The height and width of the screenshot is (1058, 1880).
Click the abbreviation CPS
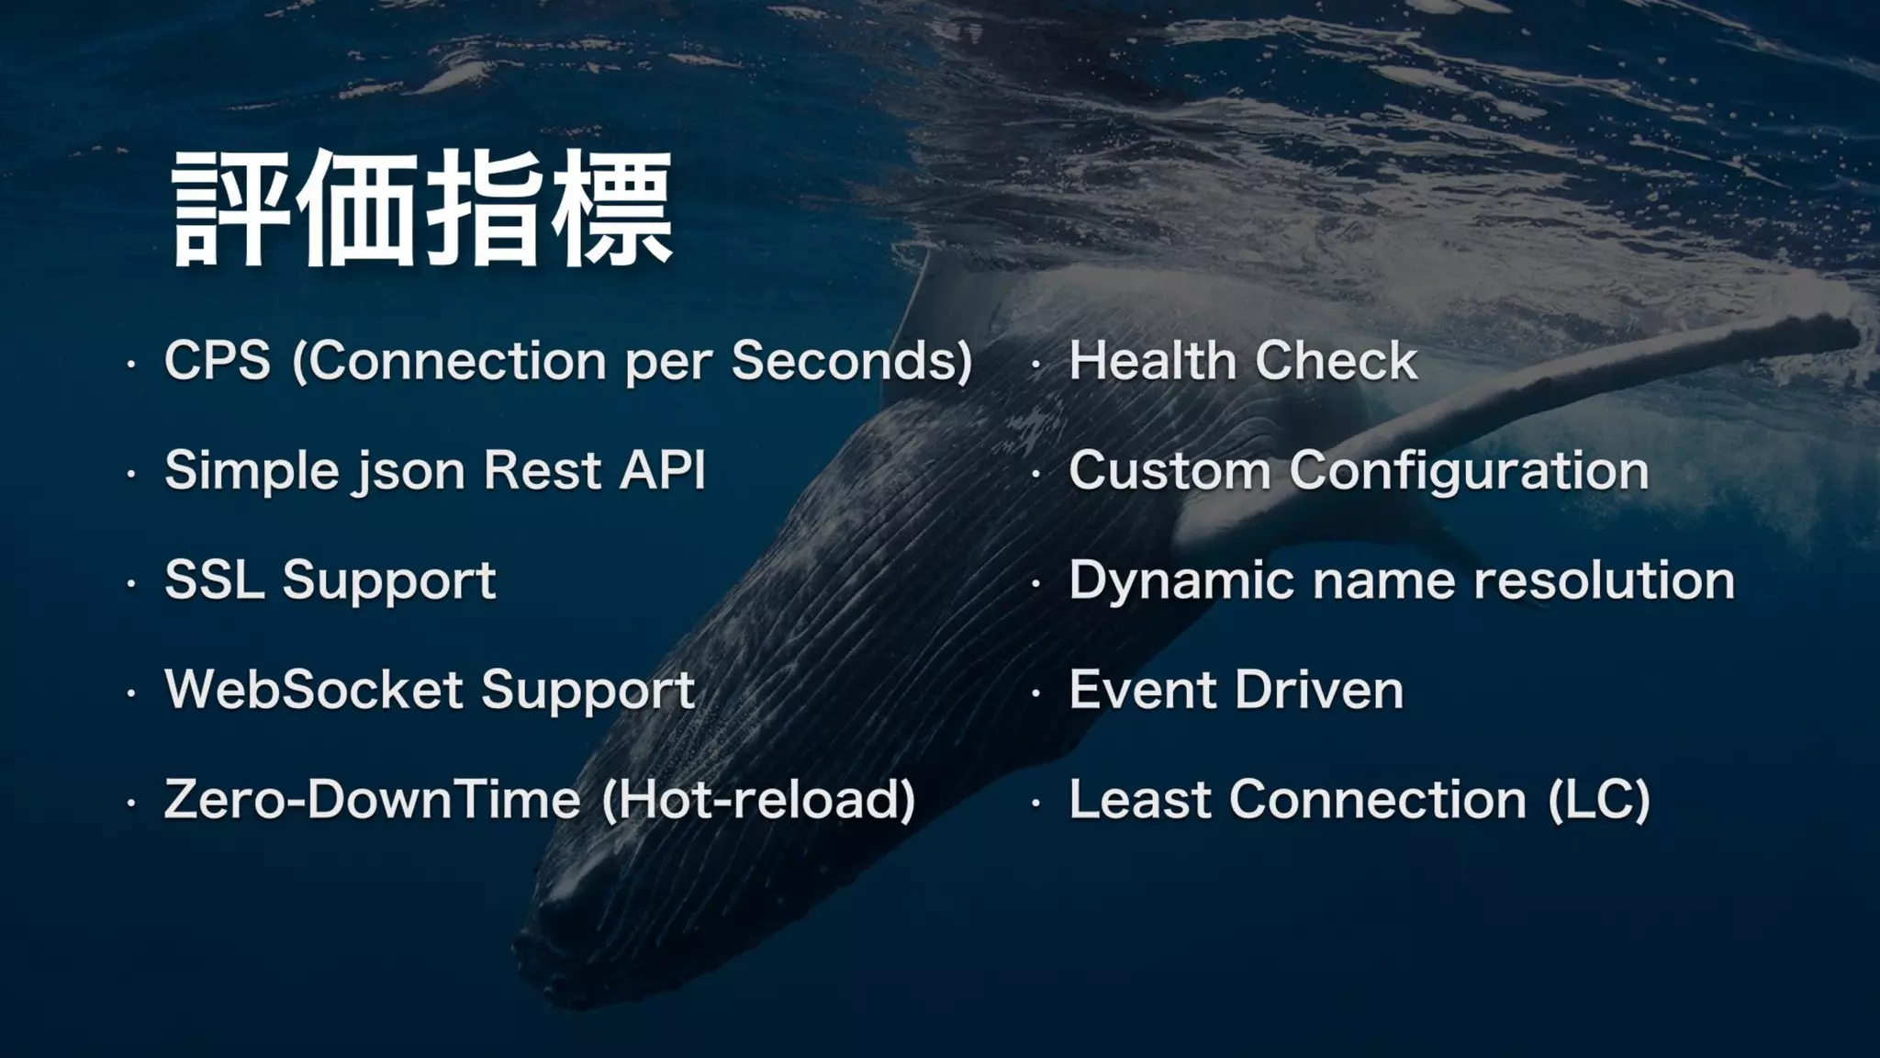[218, 360]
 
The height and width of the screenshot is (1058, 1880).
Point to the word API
[662, 470]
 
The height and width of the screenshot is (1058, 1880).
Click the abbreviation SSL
[215, 580]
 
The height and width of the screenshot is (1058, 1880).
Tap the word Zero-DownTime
[372, 799]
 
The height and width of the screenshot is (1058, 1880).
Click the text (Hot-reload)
[758, 799]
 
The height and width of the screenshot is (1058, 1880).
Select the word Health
[1152, 360]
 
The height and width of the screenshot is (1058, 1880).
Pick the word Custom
[1169, 471]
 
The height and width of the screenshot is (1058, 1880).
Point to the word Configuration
[1469, 472]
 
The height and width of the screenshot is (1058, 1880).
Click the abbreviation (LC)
[1599, 799]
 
